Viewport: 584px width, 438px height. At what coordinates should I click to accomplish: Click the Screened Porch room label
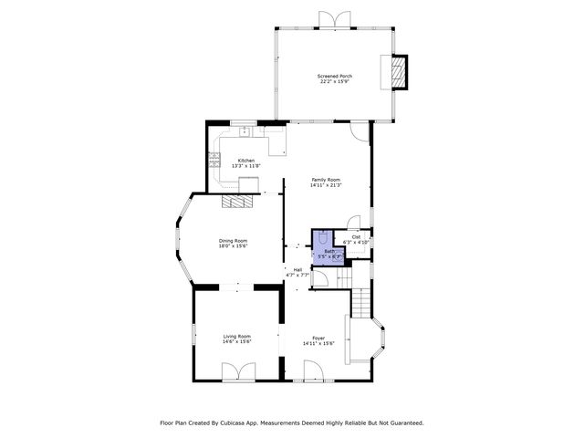334,76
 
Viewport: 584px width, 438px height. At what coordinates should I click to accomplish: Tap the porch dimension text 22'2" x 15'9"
334,82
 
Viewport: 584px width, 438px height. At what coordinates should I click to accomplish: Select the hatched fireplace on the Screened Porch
398,73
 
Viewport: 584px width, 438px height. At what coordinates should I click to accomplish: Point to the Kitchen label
245,160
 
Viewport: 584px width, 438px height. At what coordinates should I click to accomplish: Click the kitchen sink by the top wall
245,132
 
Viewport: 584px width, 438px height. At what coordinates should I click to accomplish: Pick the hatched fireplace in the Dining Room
243,203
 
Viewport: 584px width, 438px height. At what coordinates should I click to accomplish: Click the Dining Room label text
234,240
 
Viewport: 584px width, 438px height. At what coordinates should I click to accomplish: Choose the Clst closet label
356,236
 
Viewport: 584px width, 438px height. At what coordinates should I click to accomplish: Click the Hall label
297,269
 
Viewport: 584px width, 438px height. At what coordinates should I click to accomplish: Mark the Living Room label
236,336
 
